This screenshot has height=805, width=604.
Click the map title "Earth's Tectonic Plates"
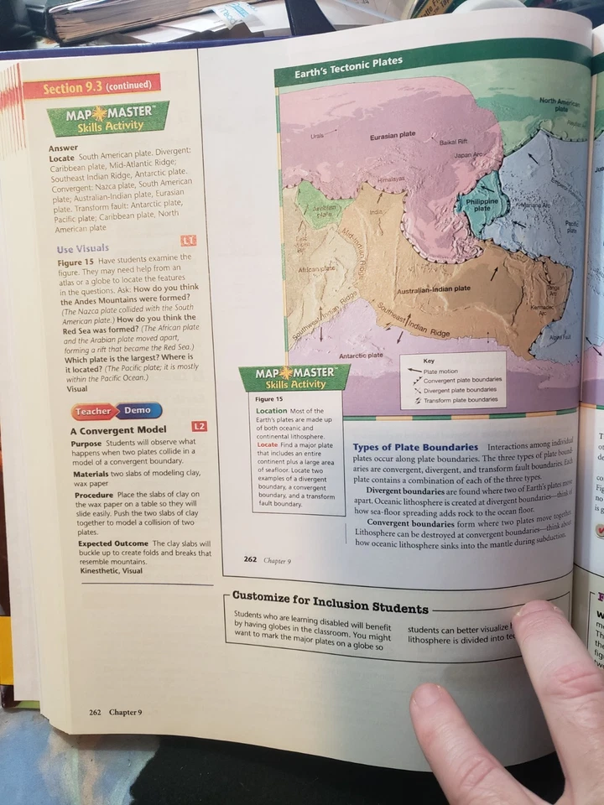tap(348, 69)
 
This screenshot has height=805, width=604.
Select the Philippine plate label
tap(482, 205)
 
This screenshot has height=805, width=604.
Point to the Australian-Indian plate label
tap(433, 288)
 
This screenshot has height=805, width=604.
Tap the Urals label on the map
tap(317, 134)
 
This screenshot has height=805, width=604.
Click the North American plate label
tap(561, 104)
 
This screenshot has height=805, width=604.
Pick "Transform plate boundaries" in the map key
tap(461, 400)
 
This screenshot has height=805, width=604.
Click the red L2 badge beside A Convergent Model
tap(199, 428)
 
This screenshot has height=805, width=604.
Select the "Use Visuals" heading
tap(82, 248)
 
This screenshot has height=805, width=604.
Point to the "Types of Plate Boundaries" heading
tap(415, 448)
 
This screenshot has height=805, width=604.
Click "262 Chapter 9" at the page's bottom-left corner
tap(116, 712)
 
